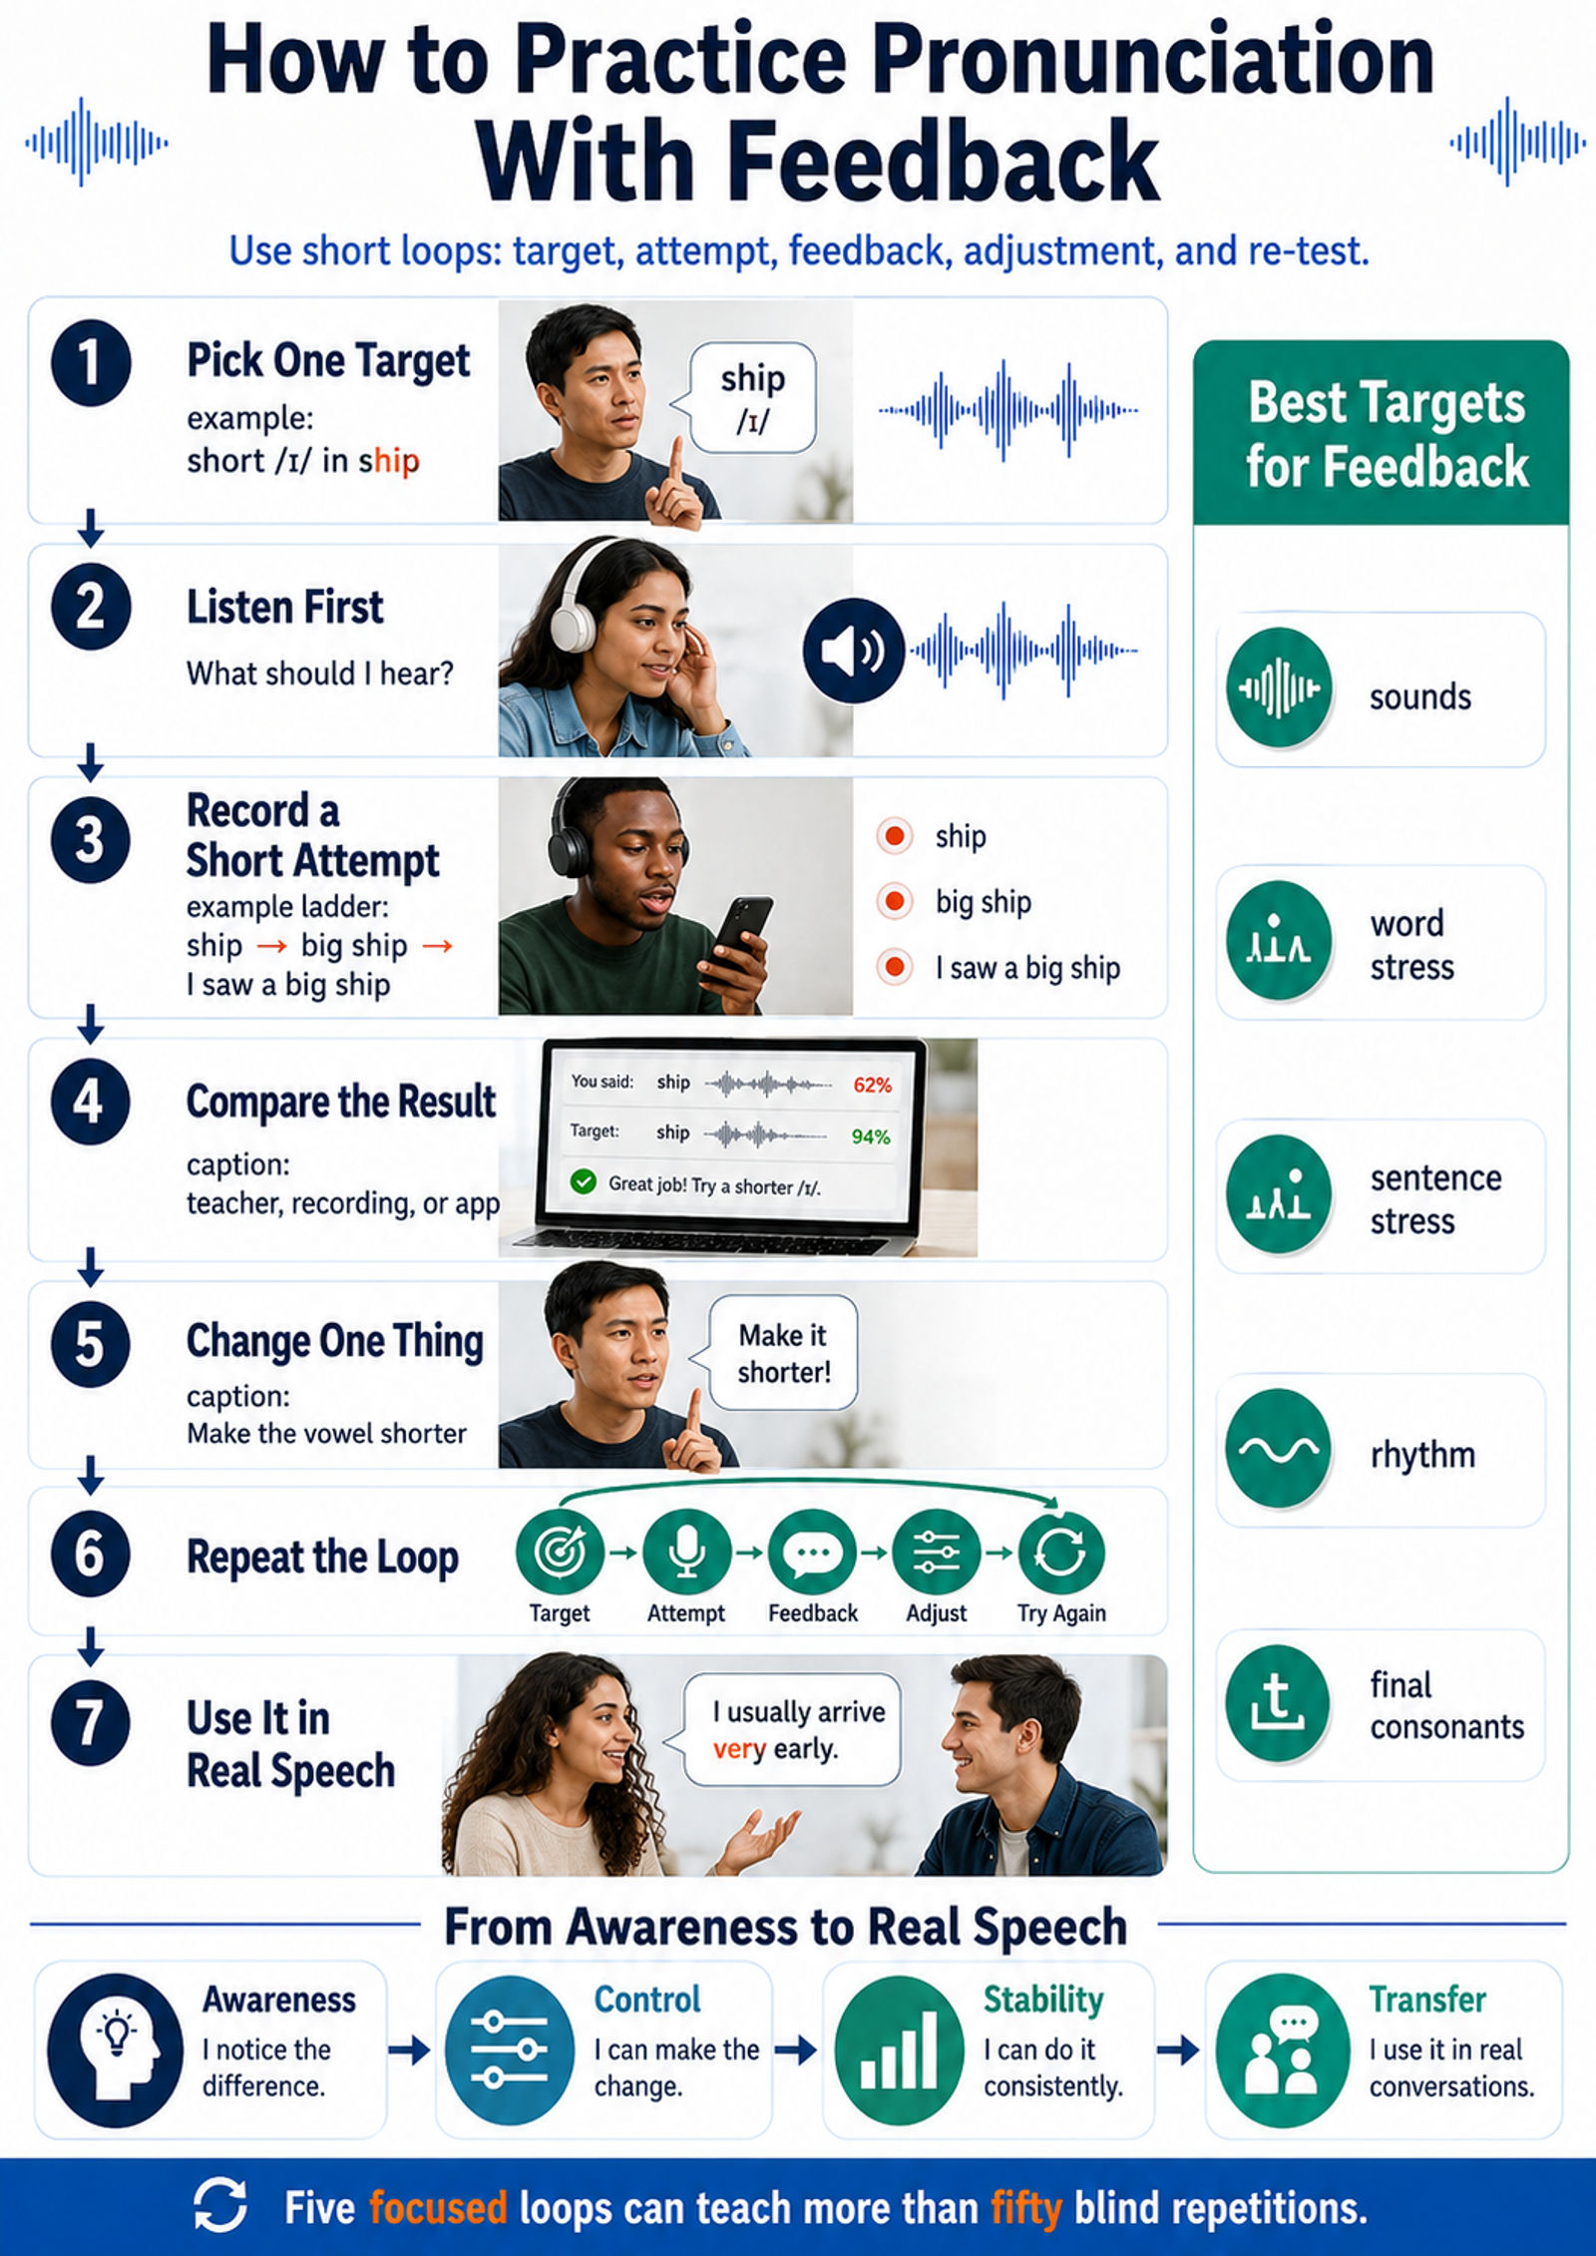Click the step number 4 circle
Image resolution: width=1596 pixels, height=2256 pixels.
(90, 1102)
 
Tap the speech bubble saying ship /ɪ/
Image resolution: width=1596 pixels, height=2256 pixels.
(751, 398)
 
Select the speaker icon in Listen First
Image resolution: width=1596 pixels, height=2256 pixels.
(853, 651)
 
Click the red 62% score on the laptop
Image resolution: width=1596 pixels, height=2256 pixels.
(872, 1085)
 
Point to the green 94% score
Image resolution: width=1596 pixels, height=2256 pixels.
(871, 1136)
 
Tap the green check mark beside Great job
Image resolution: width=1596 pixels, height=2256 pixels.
(583, 1182)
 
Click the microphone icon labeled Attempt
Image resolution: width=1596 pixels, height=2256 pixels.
(686, 1552)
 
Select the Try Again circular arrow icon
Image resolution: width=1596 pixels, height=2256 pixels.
(1060, 1552)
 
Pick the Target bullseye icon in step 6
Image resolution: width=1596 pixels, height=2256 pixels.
(560, 1552)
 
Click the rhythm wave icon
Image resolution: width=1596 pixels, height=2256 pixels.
(1278, 1449)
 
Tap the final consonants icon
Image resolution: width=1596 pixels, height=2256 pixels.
(1278, 1703)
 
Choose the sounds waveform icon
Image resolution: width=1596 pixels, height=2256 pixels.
(1278, 687)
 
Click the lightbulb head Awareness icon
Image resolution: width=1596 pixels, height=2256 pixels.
(116, 2049)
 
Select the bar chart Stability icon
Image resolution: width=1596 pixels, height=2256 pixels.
(899, 2049)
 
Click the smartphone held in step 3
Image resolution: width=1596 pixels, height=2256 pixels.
(738, 932)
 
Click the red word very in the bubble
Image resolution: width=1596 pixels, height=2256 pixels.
(739, 1748)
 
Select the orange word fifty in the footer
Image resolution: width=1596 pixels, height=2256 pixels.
(1026, 2208)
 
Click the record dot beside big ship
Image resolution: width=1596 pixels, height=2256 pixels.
(895, 902)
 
